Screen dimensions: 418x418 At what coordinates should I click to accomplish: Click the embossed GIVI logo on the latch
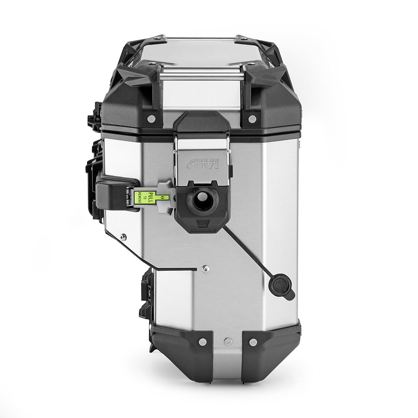coord(202,163)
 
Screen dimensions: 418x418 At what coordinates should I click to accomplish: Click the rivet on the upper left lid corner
coord(151,119)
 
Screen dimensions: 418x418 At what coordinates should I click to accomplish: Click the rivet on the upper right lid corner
coord(252,119)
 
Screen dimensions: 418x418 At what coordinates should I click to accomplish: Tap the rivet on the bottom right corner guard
coord(252,342)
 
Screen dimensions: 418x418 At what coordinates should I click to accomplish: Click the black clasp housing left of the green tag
coord(115,193)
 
